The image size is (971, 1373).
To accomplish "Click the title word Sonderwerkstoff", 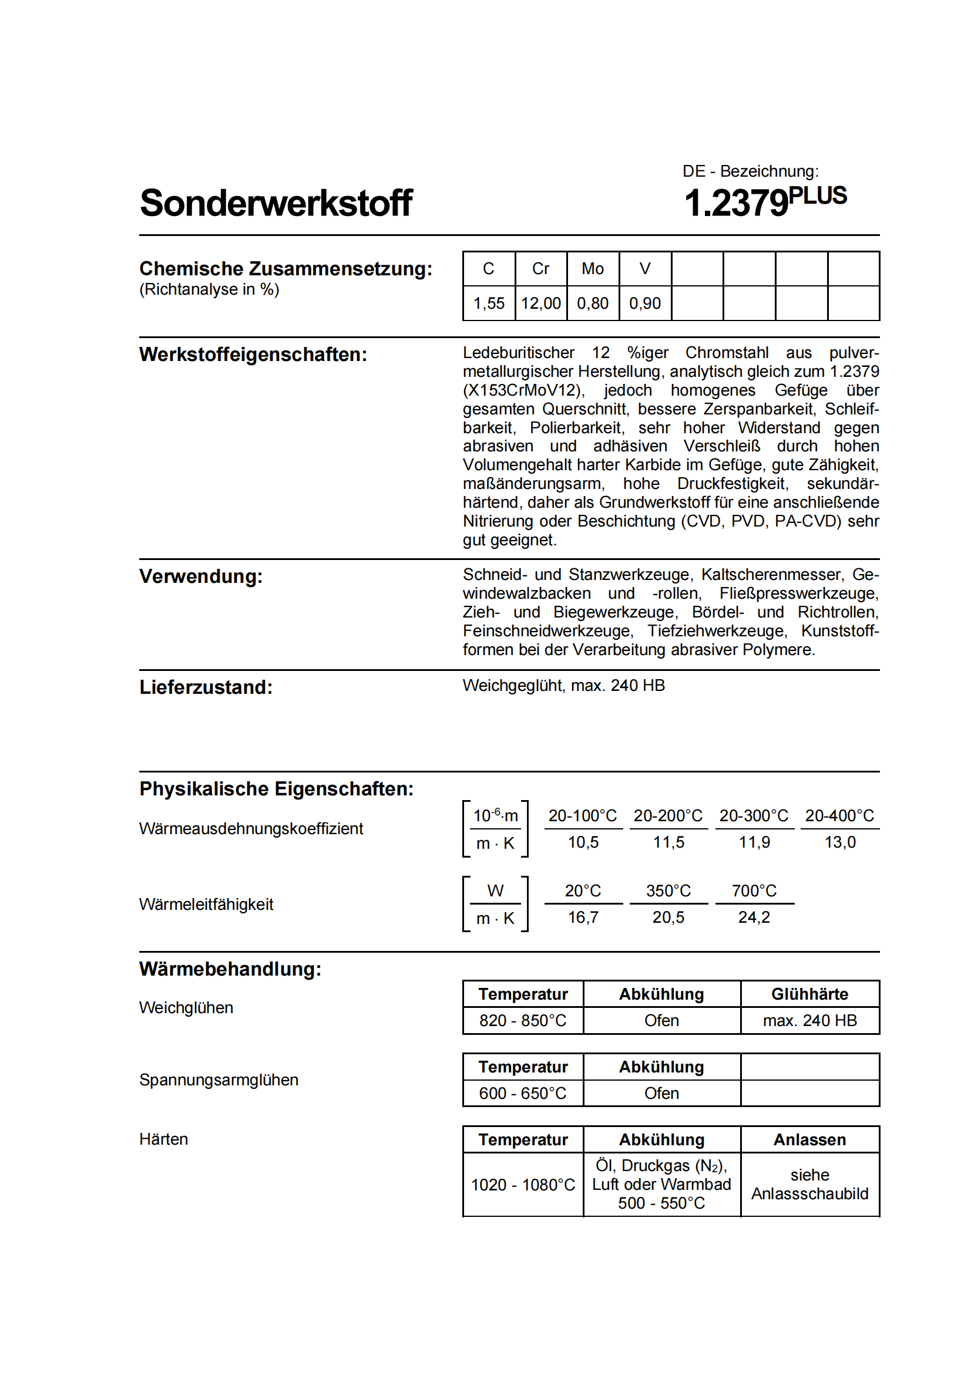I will pyautogui.click(x=276, y=203).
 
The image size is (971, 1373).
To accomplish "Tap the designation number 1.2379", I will pyautogui.click(x=737, y=203).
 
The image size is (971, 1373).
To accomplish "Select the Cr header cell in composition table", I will pyautogui.click(x=540, y=269).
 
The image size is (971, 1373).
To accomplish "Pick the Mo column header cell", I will pyautogui.click(x=592, y=269).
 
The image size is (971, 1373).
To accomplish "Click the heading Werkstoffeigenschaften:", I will pyautogui.click(x=253, y=355).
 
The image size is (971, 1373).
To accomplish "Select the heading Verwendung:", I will pyautogui.click(x=201, y=576).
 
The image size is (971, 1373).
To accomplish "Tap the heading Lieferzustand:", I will pyautogui.click(x=206, y=688).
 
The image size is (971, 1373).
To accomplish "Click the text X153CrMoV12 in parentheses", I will pyautogui.click(x=522, y=390).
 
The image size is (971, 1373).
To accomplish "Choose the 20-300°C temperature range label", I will pyautogui.click(x=754, y=816).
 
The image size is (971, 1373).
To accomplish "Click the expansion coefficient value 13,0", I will pyautogui.click(x=840, y=842).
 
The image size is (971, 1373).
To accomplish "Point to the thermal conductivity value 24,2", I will pyautogui.click(x=754, y=917).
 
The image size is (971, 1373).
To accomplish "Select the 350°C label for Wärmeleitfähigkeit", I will pyautogui.click(x=668, y=891).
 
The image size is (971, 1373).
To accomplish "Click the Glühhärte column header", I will pyautogui.click(x=809, y=994).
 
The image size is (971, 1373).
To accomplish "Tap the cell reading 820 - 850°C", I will pyautogui.click(x=522, y=1020).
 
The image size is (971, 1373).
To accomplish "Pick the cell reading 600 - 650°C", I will pyautogui.click(x=522, y=1093).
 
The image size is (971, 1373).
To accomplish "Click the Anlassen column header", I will pyautogui.click(x=809, y=1140).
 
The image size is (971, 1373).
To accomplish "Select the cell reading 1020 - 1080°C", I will pyautogui.click(x=522, y=1185).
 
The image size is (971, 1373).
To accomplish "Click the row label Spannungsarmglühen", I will pyautogui.click(x=219, y=1080).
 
